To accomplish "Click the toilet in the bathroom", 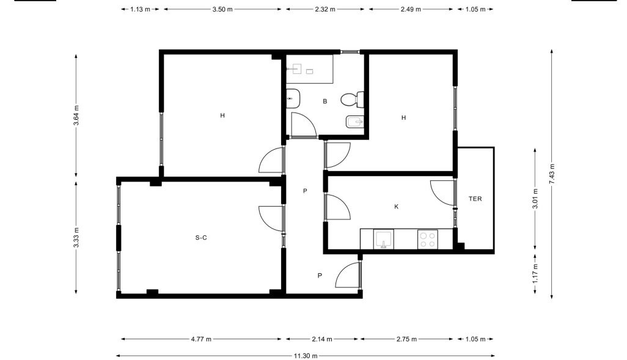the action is coord(352,99).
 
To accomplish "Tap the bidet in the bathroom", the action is coord(354,122).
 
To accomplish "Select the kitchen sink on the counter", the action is coord(384,239).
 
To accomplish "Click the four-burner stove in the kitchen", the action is coord(427,239).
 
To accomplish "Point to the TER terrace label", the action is coord(475,199).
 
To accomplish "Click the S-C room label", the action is coord(201,238).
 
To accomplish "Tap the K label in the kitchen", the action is coord(396,207).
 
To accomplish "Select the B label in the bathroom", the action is coord(325,101).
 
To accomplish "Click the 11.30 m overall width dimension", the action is coord(306,356).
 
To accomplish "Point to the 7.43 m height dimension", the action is coord(552,174).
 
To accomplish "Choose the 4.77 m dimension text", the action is coord(201,339).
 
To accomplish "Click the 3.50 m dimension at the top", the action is coord(222,9).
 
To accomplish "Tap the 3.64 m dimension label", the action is coord(76,115).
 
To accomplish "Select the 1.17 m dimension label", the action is coord(535,273).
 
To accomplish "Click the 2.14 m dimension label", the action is coord(322,339).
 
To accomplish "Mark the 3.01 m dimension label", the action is coord(535,199).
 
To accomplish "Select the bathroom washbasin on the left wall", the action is coord(293,98).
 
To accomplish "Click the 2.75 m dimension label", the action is coord(406,339).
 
